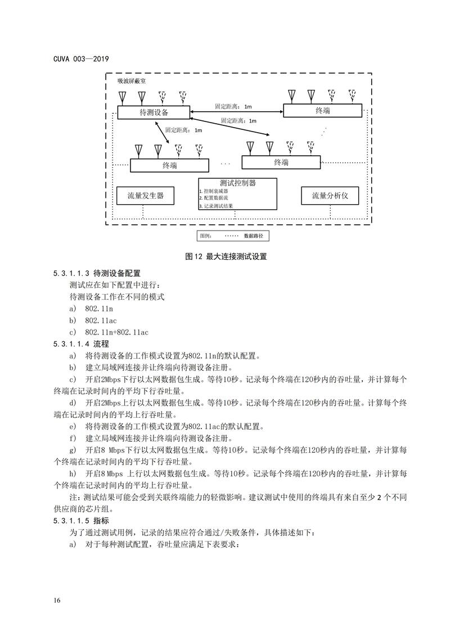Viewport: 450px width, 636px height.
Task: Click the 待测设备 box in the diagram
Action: click(x=154, y=112)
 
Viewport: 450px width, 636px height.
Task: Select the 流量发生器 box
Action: click(x=145, y=196)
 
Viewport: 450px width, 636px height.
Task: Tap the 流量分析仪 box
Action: click(x=331, y=196)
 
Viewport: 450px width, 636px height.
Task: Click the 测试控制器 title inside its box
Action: click(x=238, y=183)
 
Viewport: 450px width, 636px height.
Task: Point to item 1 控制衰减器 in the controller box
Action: click(x=216, y=191)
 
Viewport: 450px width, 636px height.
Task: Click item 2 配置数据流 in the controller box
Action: click(x=216, y=199)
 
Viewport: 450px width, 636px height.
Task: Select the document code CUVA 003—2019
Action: click(x=82, y=58)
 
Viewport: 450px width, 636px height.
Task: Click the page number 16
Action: click(x=57, y=601)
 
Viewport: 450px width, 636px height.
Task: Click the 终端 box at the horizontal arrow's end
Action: click(x=322, y=111)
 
